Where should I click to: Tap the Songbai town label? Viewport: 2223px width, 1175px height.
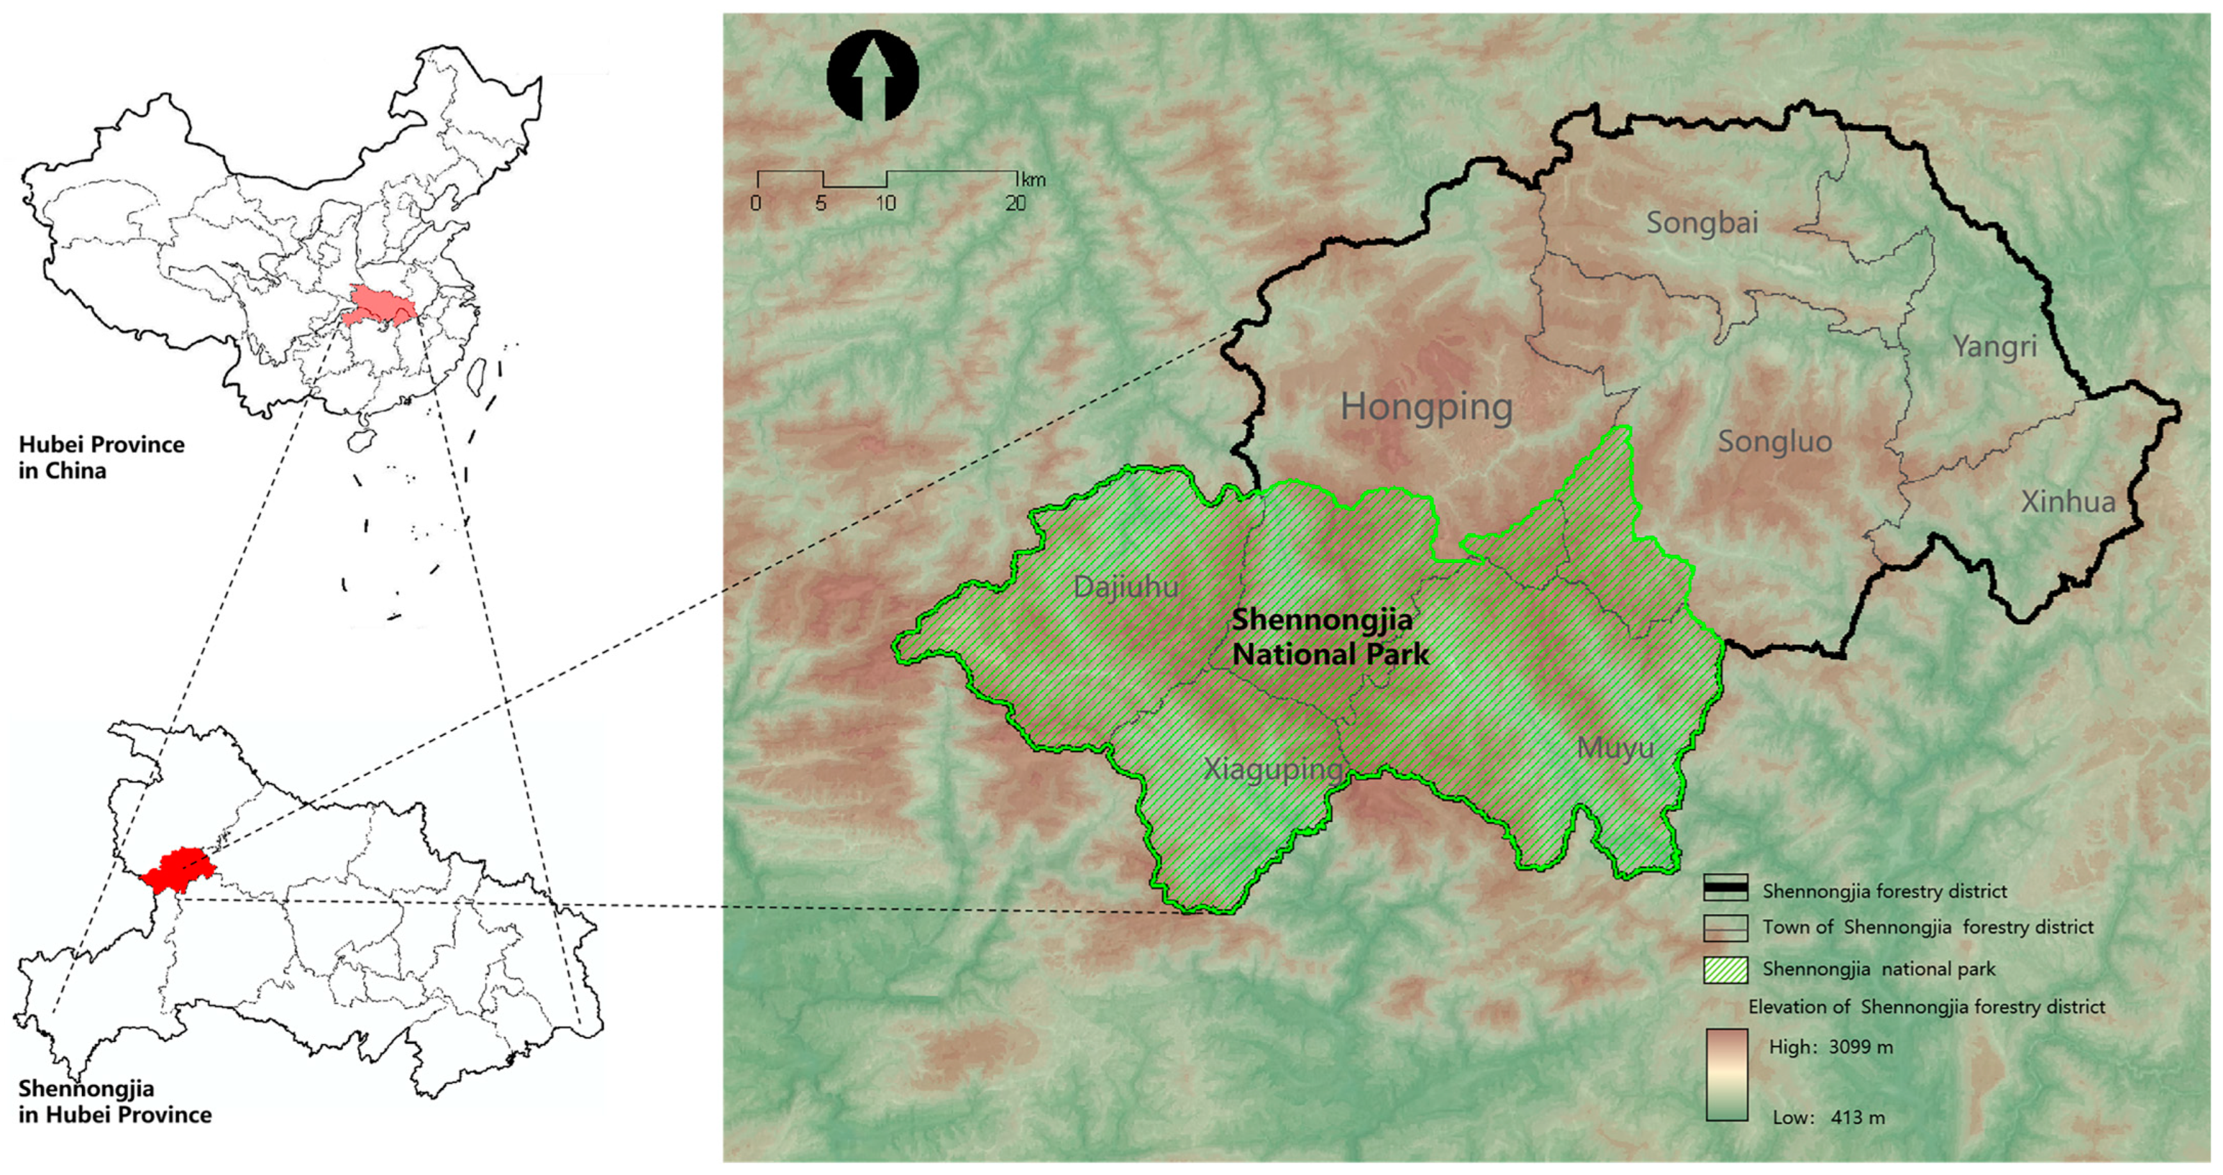point(1701,223)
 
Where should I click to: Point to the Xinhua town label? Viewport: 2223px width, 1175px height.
point(2067,502)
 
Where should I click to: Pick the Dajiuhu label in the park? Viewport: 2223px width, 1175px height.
point(1126,587)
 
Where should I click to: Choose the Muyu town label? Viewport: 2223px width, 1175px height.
point(1614,748)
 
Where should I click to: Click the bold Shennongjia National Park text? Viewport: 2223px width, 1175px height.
point(1329,636)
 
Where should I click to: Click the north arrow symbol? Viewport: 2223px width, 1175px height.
point(872,76)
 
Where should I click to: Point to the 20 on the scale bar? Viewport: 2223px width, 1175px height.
point(1015,203)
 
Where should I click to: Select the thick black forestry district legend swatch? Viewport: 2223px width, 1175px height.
point(1725,888)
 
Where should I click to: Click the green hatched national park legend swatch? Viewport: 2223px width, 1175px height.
point(1725,970)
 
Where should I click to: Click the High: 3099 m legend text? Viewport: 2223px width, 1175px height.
point(1830,1047)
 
